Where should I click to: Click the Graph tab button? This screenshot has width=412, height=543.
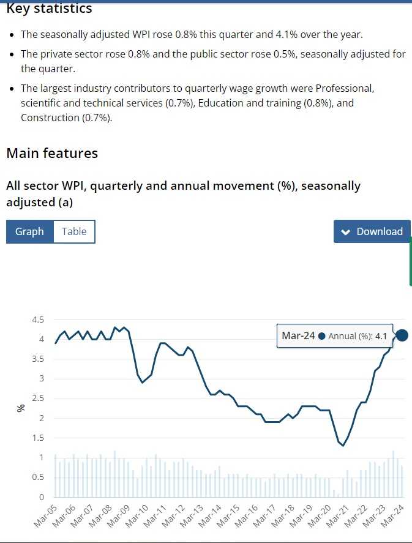pyautogui.click(x=29, y=231)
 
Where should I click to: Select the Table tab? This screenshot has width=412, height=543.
pyautogui.click(x=74, y=231)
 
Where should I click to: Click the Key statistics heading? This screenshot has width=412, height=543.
pyautogui.click(x=49, y=9)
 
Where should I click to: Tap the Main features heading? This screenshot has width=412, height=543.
pyautogui.click(x=52, y=153)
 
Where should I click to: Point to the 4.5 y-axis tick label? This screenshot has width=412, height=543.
pyautogui.click(x=37, y=320)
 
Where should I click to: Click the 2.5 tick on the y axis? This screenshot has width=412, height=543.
pyautogui.click(x=37, y=399)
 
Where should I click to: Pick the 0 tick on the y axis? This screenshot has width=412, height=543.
pyautogui.click(x=41, y=497)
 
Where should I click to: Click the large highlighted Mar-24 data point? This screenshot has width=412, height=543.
pyautogui.click(x=402, y=335)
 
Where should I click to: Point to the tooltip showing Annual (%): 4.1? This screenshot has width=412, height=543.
pyautogui.click(x=335, y=336)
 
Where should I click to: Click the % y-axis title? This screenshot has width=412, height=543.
pyautogui.click(x=21, y=407)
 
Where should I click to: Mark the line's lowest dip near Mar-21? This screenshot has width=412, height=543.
pyautogui.click(x=343, y=445)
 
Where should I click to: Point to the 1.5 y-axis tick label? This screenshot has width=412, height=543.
pyautogui.click(x=37, y=438)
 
